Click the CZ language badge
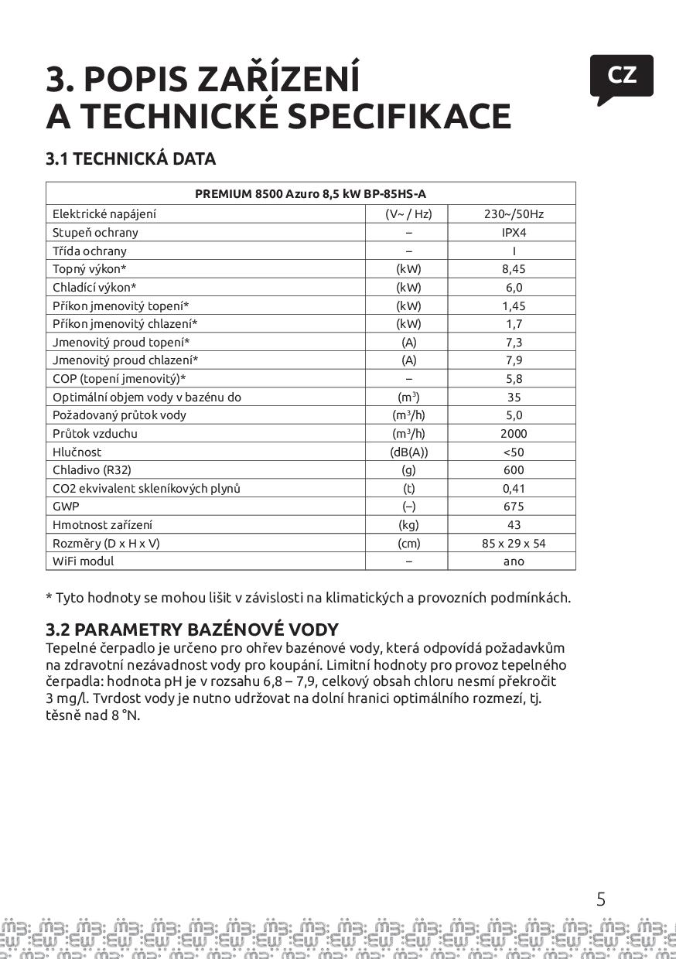click(621, 76)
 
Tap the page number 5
click(601, 899)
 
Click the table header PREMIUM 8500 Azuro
click(310, 193)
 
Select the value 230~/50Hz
click(514, 214)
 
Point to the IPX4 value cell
click(514, 232)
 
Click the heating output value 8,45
click(514, 269)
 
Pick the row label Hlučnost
click(77, 452)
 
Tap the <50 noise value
click(514, 452)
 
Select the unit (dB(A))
click(408, 452)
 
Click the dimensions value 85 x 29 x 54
click(514, 543)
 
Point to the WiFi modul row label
click(83, 561)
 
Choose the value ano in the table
click(514, 561)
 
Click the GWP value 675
click(514, 507)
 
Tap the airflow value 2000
click(514, 434)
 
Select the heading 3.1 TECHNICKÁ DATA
click(131, 159)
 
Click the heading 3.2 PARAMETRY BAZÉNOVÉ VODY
click(192, 630)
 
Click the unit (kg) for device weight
click(408, 525)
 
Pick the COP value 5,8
click(514, 379)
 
